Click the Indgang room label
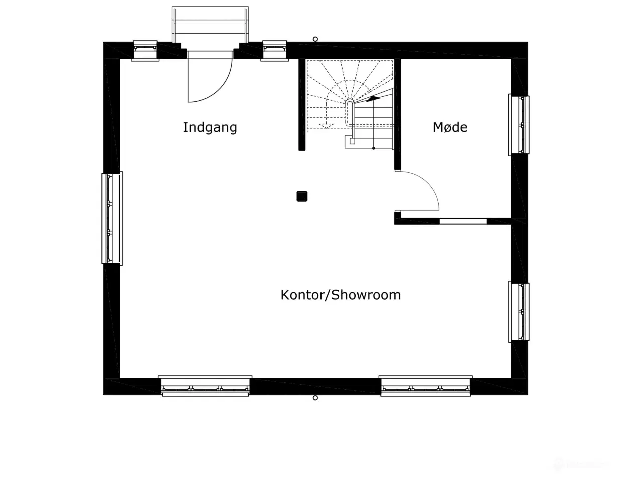210,128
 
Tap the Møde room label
450,127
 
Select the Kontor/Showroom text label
341,295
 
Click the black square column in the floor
302,196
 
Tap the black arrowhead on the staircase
373,99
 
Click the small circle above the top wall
315,39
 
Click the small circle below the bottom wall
315,398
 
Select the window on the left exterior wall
112,218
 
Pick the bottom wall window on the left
205,386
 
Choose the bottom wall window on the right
425,386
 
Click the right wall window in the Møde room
519,125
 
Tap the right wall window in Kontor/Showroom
519,312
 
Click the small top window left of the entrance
145,51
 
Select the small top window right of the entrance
275,51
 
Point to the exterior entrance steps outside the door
210,25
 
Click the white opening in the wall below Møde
463,221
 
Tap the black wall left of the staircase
302,104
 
